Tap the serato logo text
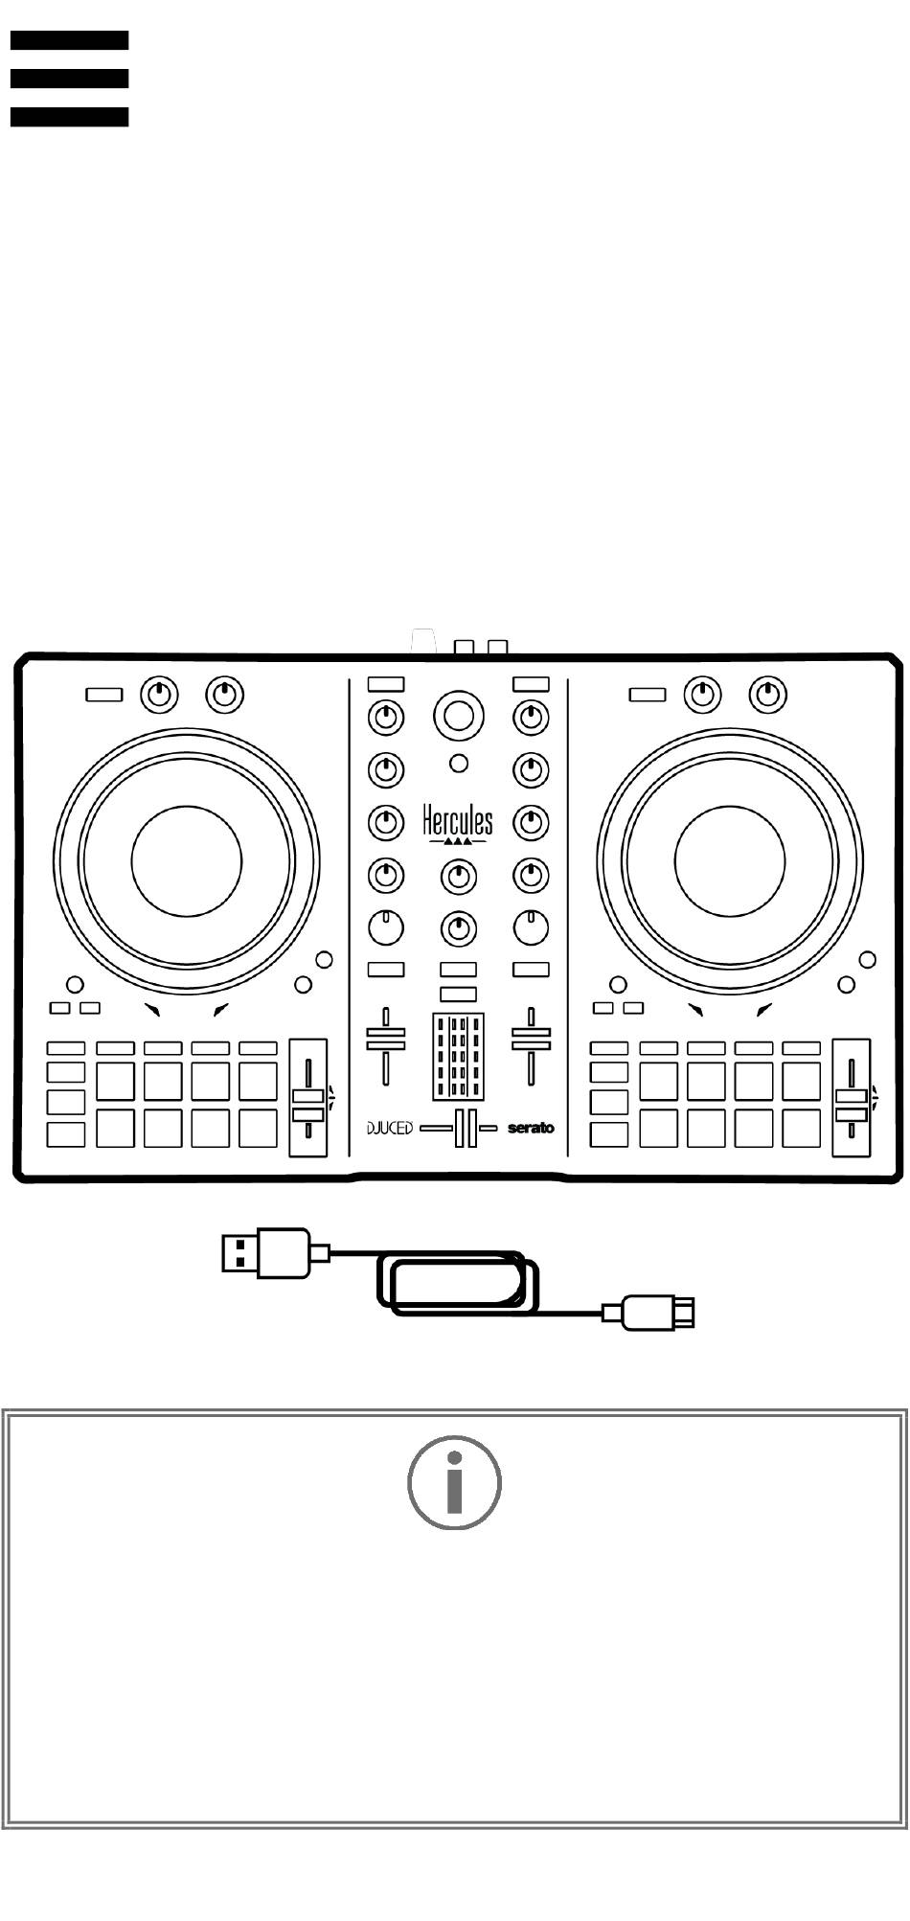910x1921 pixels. click(531, 1128)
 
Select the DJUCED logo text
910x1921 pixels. click(390, 1128)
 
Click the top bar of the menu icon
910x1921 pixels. click(69, 40)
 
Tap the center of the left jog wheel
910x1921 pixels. click(186, 859)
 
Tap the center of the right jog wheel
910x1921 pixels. click(730, 859)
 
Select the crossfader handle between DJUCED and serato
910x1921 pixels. click(466, 1128)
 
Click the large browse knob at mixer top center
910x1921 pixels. click(458, 715)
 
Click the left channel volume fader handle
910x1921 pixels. click(385, 1039)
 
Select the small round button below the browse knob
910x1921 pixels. click(459, 764)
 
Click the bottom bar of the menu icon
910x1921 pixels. click(69, 117)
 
